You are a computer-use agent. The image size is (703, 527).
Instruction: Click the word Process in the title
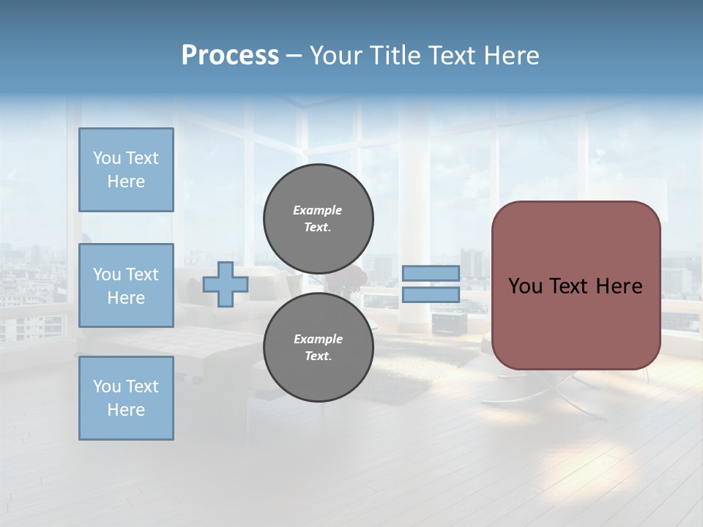(x=230, y=56)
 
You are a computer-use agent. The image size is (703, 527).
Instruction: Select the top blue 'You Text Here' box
(x=126, y=170)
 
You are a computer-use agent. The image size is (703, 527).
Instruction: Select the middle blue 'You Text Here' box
(x=126, y=285)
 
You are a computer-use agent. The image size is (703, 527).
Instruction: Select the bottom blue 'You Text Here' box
(x=126, y=398)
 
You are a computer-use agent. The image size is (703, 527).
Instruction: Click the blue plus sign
(x=226, y=284)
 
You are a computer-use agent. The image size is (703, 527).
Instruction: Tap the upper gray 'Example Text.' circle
(x=319, y=219)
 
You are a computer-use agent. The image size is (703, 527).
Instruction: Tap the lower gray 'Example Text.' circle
(x=319, y=348)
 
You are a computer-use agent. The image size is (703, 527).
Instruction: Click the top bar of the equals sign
(x=431, y=273)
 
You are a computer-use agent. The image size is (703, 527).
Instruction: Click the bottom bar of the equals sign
(x=431, y=295)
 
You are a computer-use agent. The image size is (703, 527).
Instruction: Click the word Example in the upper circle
(x=317, y=210)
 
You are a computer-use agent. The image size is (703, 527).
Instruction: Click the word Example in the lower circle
(x=318, y=339)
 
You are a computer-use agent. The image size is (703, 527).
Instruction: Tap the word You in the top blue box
(x=107, y=158)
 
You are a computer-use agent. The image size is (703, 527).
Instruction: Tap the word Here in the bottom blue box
(x=126, y=410)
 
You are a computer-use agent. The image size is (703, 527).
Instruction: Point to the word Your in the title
(x=335, y=56)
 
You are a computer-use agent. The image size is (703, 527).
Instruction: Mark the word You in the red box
(x=525, y=286)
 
